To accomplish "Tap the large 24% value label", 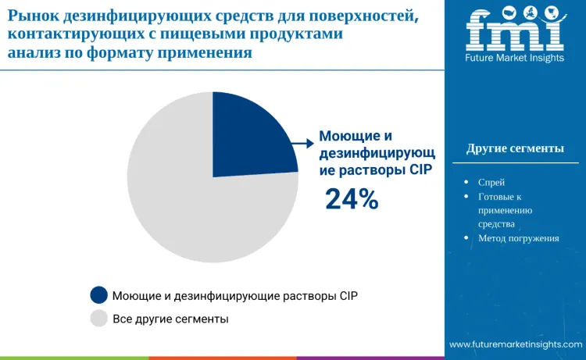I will click(352, 200).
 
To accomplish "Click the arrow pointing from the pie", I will click(301, 143).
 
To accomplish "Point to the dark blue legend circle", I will click(98, 295).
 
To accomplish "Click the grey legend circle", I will click(98, 318).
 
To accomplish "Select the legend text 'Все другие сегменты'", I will click(170, 319).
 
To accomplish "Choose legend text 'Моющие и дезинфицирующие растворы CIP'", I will click(235, 296).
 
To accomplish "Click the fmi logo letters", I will click(514, 30).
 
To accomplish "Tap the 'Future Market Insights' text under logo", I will click(515, 59).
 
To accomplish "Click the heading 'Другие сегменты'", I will click(515, 149).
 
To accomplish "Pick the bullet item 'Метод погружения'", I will click(518, 238).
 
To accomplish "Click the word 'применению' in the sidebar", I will click(505, 210).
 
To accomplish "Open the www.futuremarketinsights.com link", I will click(516, 344).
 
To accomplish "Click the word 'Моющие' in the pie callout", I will click(345, 136).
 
